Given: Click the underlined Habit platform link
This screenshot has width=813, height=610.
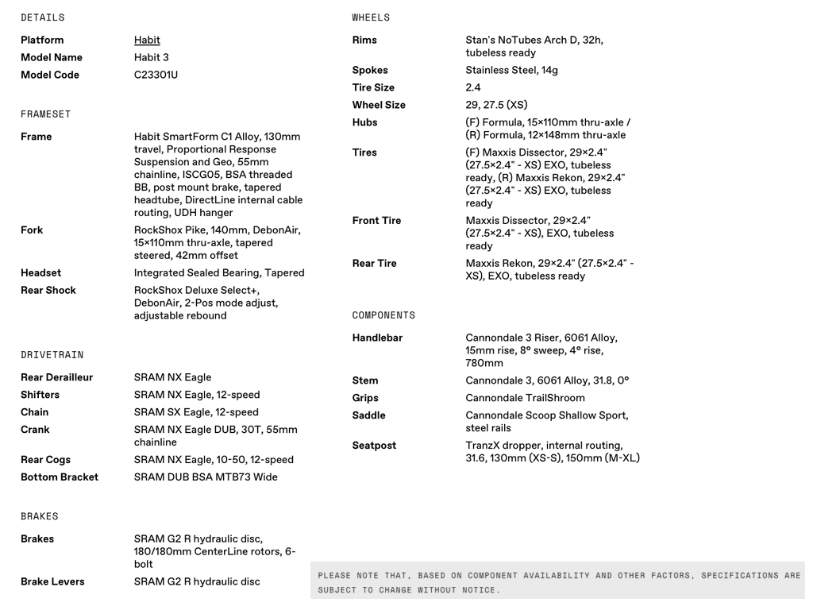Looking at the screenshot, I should (x=147, y=40).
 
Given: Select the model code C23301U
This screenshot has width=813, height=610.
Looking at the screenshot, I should (x=156, y=75).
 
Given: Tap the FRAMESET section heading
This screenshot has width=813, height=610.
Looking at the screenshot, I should (x=46, y=114).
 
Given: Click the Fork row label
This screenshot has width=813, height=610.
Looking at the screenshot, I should (x=32, y=230).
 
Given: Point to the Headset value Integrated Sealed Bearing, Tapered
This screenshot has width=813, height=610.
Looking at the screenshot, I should (x=219, y=273).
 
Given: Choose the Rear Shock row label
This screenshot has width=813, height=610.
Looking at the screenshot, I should (x=48, y=291).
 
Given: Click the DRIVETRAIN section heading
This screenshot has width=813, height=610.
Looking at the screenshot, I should (x=52, y=355).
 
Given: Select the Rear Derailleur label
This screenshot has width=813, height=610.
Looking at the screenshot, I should (x=56, y=377).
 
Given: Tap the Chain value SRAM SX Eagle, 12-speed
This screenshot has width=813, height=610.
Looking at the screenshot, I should (x=196, y=412).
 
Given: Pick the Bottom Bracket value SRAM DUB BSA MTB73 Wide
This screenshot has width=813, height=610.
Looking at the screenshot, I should (x=206, y=477).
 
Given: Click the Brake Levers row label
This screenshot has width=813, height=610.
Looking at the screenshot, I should (x=52, y=582).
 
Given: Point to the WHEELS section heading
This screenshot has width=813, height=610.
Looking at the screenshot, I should (x=371, y=17).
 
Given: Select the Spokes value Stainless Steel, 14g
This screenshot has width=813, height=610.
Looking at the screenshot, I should (x=511, y=70).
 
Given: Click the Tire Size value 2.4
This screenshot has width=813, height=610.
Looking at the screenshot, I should (x=473, y=87).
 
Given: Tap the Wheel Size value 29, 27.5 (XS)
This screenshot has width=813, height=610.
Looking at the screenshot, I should (x=496, y=105).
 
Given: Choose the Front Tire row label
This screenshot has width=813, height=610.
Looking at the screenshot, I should (x=376, y=221).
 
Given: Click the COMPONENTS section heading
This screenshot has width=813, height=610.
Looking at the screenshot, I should (x=383, y=315).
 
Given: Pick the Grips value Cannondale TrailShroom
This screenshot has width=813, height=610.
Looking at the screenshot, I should (x=525, y=398).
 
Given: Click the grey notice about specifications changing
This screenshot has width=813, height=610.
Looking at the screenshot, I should (x=559, y=582).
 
